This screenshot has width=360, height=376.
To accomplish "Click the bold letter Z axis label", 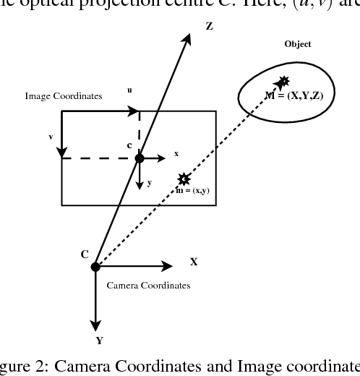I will pos(209,26).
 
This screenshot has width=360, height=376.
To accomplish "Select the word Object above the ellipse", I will pos(298,44).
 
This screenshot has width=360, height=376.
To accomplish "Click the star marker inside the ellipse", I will pos(283,82).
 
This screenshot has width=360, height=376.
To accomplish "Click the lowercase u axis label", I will pos(129,90).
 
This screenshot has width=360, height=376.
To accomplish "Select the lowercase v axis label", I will pos(51,135).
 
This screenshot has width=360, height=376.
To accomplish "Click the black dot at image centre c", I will pos(140,158).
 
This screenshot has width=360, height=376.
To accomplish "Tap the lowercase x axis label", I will pos(176,154).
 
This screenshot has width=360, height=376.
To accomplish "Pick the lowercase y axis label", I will pos(150,182).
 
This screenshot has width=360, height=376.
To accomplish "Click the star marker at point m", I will pos(184,178).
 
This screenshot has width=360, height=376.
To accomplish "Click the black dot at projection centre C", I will pos(95,267).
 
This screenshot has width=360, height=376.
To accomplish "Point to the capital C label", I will pos(85,254).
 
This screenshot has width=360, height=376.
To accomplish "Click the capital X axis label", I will pos(193,261).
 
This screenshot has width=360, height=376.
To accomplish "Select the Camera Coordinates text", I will pos(148,285).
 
